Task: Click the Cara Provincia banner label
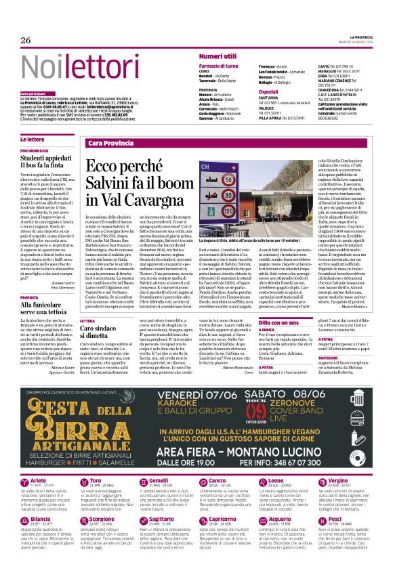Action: (110, 144)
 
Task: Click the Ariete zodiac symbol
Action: (24, 465)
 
